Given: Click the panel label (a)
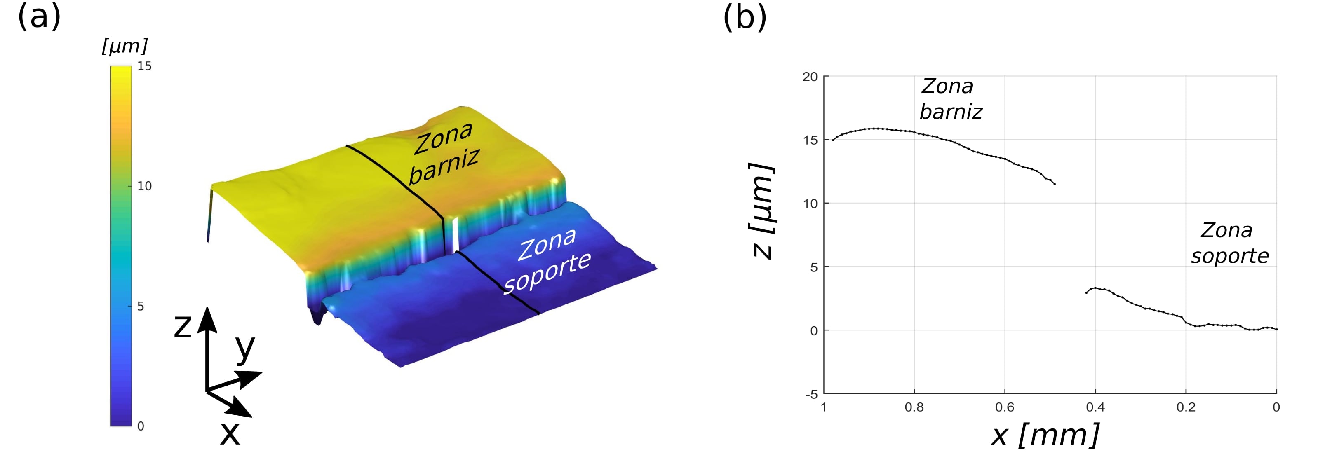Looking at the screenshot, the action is point(39,17).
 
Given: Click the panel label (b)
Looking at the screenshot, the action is point(745,17).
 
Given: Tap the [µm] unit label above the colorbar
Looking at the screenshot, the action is point(125,47).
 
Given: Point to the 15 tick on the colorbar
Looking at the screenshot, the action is point(144,66).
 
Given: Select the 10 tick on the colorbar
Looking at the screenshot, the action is point(144,186).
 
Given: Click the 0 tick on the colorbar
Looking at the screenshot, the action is point(141,426).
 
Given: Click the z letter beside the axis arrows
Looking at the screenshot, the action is point(183,327).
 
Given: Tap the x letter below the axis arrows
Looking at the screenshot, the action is point(230,433).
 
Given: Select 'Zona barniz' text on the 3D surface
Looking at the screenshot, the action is point(445,152).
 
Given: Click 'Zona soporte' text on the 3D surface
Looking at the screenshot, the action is point(547,261).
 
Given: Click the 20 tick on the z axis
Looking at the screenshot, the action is point(810,77).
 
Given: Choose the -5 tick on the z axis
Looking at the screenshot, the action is point(811,394).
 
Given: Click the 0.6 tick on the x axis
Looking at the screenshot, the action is point(1005,407).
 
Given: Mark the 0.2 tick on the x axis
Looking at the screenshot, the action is point(1186,407).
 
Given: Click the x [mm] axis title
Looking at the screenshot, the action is point(1045,435).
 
